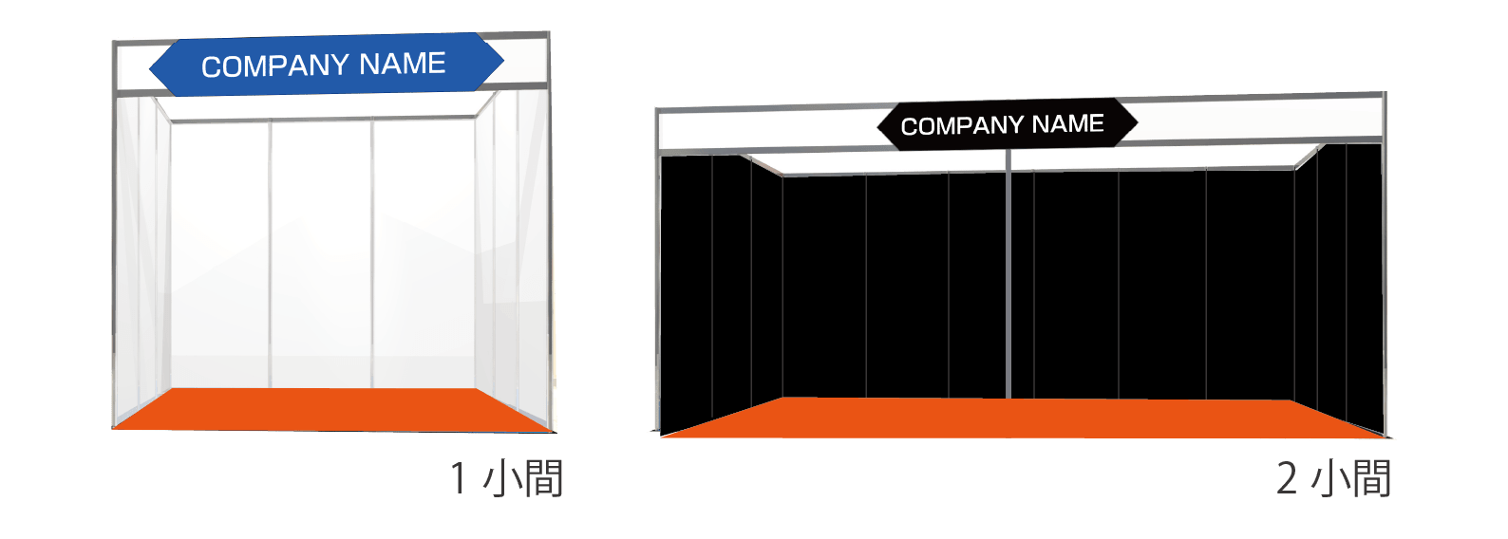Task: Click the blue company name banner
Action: (x=326, y=65)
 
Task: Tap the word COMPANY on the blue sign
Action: (x=274, y=66)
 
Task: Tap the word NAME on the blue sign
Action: (x=403, y=64)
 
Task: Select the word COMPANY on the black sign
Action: (x=961, y=126)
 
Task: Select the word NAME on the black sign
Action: (x=1067, y=123)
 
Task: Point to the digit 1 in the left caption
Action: (x=458, y=477)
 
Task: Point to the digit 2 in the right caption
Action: (x=1286, y=477)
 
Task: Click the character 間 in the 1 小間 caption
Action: (x=542, y=477)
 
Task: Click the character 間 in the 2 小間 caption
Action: (x=1370, y=477)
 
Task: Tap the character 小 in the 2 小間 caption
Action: (x=1328, y=478)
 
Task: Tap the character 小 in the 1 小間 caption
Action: (x=500, y=478)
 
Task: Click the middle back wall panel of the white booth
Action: (x=320, y=251)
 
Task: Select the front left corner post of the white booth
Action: (x=114, y=256)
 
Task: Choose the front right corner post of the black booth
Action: (x=1384, y=285)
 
